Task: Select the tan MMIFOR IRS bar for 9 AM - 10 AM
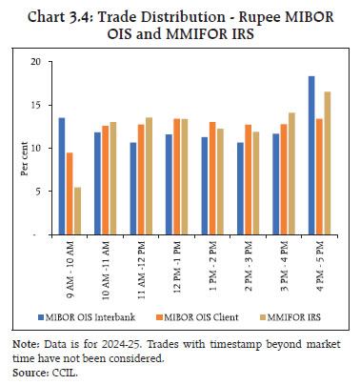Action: click(78, 211)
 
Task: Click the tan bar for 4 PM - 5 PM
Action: click(327, 163)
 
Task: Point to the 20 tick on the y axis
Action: click(37, 61)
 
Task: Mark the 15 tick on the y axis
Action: click(37, 105)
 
